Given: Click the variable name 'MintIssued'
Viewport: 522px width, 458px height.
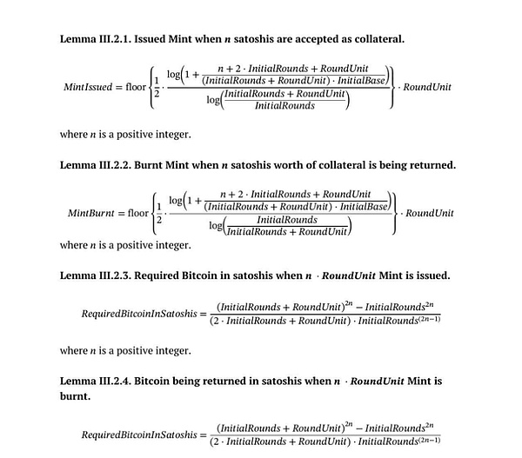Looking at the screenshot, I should click(91, 87).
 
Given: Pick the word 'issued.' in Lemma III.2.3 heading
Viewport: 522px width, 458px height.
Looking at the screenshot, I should click(428, 275).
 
